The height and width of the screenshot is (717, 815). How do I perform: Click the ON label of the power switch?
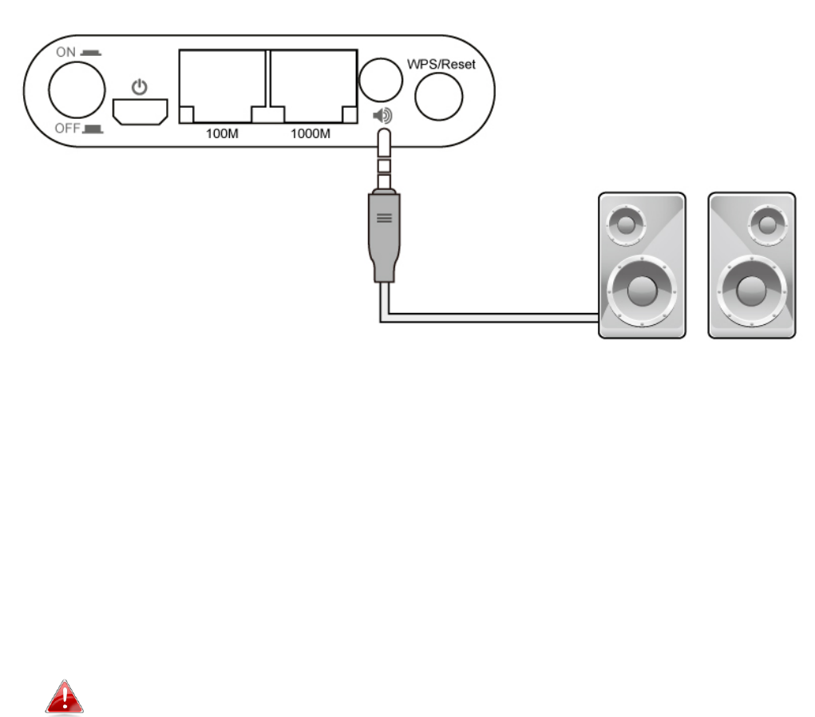point(66,52)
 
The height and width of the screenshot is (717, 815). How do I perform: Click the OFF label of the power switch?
point(66,127)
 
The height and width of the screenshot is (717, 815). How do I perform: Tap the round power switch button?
point(77,89)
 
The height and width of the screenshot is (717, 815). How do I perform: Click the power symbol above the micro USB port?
point(140,85)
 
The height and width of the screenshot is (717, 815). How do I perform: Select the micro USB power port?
point(140,112)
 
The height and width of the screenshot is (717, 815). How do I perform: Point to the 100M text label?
point(222,133)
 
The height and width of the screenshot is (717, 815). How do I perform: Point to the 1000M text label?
point(311,133)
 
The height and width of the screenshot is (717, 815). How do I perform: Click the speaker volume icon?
point(383,117)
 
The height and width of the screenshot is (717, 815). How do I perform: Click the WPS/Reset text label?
point(441,64)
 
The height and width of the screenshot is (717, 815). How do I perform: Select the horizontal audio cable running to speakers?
point(495,319)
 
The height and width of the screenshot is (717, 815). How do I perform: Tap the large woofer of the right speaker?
point(751,291)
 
